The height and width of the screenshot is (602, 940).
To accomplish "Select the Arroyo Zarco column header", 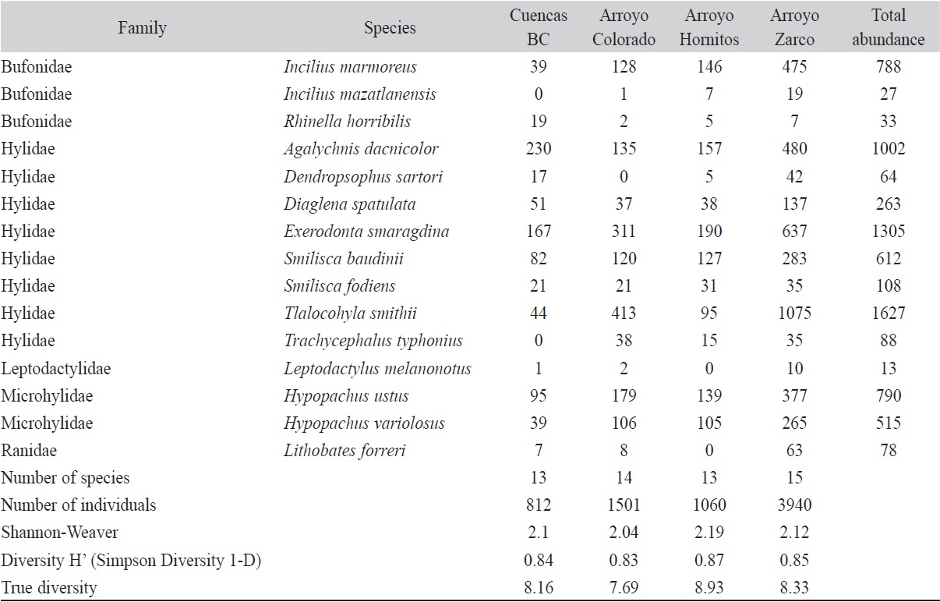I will coord(794,27).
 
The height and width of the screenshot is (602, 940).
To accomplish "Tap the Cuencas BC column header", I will coord(538,27).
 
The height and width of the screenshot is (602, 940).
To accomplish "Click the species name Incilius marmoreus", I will coord(350,67).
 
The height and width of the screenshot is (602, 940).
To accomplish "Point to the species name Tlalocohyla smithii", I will coord(351,313).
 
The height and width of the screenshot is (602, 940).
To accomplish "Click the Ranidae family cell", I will coord(29,450).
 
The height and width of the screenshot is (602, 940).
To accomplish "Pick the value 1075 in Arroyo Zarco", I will coord(794,313).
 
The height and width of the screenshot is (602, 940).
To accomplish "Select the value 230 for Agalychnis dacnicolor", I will coord(538,149).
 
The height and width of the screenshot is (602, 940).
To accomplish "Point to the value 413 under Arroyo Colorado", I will coord(624,313).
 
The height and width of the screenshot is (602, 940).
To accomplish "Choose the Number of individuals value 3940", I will coord(794,505).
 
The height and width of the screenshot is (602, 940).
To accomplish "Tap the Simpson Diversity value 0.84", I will coord(538,560).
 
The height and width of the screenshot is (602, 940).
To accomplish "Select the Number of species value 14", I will coord(624,477).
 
